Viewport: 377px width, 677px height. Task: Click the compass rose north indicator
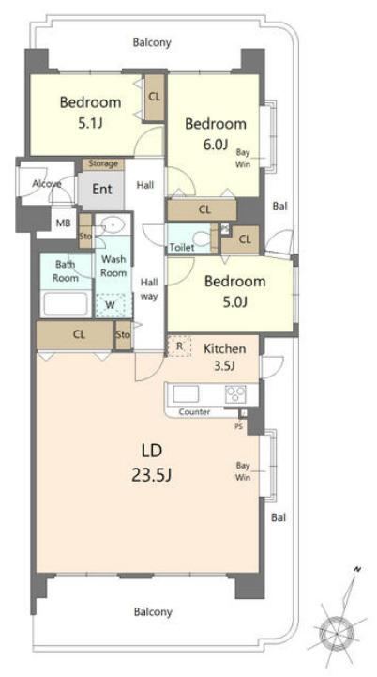(357, 569)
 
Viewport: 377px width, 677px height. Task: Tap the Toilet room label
(182, 247)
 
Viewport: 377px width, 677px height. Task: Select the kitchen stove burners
(235, 393)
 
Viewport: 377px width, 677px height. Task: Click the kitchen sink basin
(186, 393)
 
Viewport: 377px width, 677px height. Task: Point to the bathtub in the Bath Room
(66, 304)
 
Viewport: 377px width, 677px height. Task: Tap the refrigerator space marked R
(179, 346)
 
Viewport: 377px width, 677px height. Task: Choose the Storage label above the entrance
(103, 163)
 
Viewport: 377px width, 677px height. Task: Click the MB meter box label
(64, 223)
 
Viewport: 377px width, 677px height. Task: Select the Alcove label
(47, 184)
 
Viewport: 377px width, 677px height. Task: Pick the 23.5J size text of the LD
(151, 475)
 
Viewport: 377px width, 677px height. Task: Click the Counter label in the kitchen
(194, 412)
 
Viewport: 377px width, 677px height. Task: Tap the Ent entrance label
(102, 189)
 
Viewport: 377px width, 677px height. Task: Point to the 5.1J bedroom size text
(90, 124)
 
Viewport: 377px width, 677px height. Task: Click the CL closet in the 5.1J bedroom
(155, 97)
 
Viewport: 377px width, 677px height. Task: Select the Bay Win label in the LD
(243, 471)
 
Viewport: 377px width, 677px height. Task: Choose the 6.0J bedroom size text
(216, 145)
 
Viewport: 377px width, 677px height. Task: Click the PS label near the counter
(238, 426)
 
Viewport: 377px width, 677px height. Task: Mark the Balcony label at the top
(152, 43)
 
